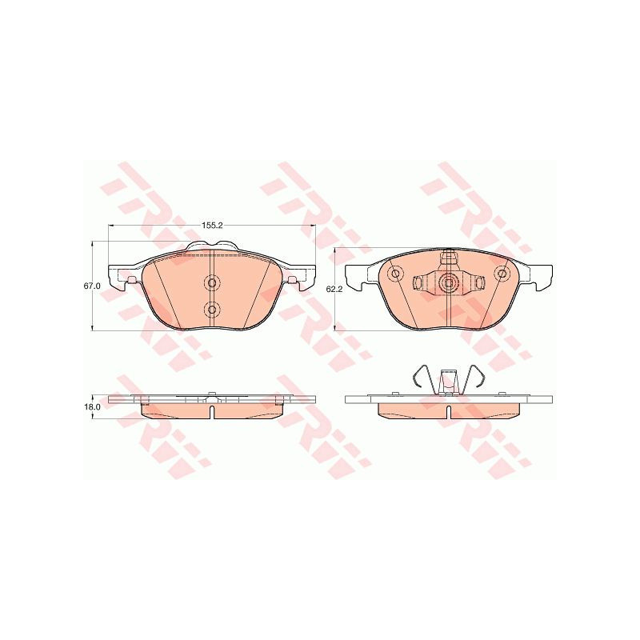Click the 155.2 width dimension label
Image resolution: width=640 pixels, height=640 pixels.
point(211,226)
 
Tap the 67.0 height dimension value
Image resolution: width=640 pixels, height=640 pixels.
point(91,286)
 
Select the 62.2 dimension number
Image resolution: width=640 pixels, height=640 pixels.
point(334,290)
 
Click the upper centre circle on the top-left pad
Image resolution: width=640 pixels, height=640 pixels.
point(211,283)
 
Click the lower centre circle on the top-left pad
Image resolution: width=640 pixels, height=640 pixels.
point(211,310)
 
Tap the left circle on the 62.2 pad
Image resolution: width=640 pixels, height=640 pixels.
point(395,273)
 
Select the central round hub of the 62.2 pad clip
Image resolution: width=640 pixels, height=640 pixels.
point(449,282)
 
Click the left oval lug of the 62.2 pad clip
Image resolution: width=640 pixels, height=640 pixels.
point(418,282)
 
